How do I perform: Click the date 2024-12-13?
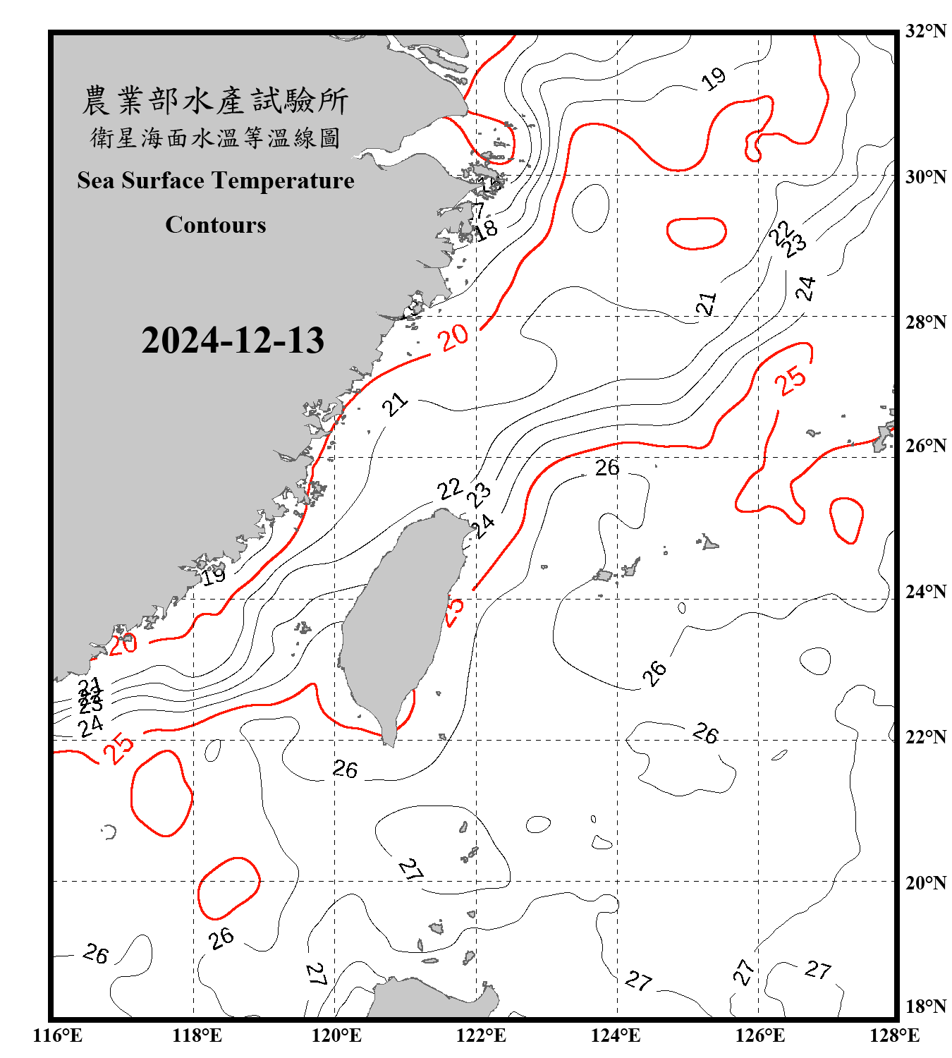pos(233,341)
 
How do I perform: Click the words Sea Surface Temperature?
pos(216,181)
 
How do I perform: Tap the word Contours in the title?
pos(216,225)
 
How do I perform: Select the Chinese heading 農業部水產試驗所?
pos(215,101)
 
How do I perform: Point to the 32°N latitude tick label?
pos(926,31)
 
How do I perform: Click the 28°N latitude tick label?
pos(926,322)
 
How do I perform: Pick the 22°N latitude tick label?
pos(926,737)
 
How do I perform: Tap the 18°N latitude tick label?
pos(926,1007)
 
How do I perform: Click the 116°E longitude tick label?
pos(58,1035)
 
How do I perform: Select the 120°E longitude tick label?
pos(336,1035)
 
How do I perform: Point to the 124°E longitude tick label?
pos(616,1035)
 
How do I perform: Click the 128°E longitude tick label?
pos(894,1035)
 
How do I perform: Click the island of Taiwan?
pos(398,621)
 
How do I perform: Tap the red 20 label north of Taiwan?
pos(453,337)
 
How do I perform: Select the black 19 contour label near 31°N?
pos(714,79)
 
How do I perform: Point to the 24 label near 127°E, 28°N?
pos(805,288)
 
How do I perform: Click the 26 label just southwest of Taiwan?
pos(345,769)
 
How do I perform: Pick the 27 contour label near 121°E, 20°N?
pos(410,869)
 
